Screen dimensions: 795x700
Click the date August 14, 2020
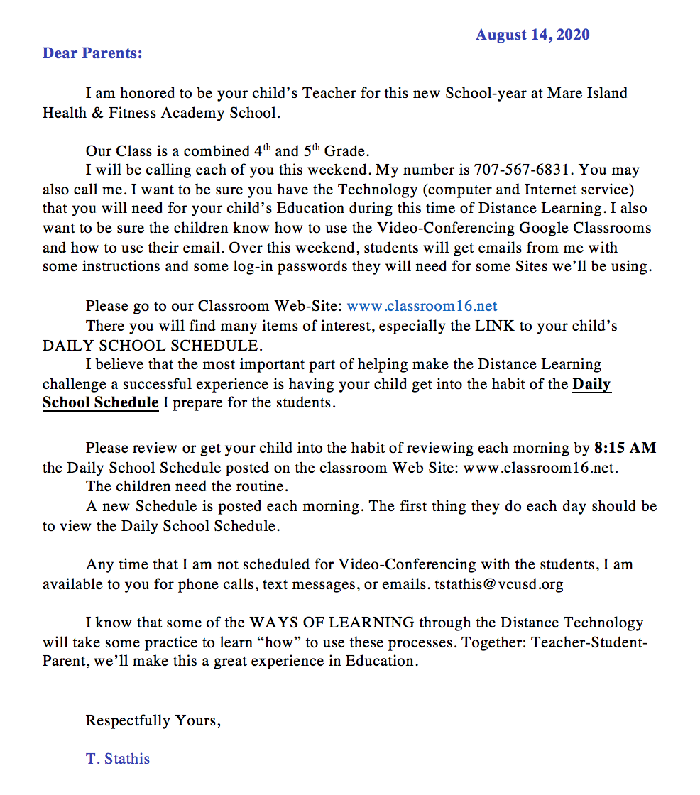532,35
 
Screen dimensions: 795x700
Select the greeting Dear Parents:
92,53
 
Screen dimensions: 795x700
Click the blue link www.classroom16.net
422,307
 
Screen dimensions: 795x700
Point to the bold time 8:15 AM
625,448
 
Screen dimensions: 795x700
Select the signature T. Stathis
118,758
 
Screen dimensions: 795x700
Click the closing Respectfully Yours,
153,720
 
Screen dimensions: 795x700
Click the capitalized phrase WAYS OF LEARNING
332,623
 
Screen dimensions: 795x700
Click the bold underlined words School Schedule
100,402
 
